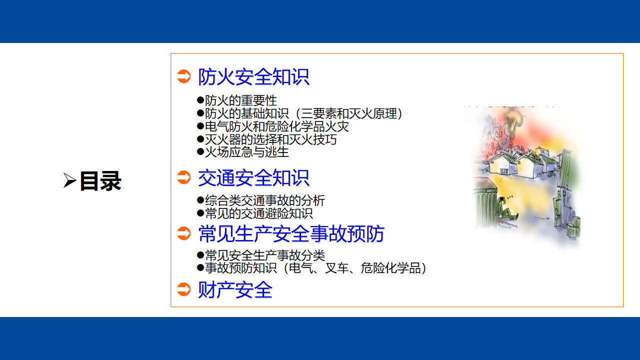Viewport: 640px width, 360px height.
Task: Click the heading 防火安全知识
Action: [253, 77]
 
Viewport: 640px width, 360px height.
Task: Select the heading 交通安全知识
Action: [253, 177]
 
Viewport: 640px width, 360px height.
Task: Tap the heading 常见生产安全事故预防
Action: [291, 233]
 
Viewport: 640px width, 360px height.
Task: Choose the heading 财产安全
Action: [235, 289]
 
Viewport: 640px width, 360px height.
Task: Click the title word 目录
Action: [100, 181]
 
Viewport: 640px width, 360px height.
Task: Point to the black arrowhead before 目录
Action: [69, 180]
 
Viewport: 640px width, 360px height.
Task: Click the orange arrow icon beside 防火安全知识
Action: [183, 76]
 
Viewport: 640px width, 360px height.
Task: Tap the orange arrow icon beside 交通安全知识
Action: [183, 177]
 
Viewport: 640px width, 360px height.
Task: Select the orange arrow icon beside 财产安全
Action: [183, 289]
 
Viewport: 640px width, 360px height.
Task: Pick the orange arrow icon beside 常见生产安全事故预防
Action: [183, 233]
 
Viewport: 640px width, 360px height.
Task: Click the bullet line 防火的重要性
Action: [237, 100]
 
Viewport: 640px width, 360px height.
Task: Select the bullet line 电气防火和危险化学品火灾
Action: [273, 126]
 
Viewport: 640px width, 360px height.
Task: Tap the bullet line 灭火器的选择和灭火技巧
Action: [267, 139]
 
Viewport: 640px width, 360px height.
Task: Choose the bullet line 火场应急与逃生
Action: [243, 152]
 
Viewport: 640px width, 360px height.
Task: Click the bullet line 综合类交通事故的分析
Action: [261, 200]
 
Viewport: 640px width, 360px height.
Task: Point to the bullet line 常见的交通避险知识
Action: [255, 213]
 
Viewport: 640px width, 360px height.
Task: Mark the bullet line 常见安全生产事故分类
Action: [261, 255]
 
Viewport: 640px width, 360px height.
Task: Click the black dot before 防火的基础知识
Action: [200, 113]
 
